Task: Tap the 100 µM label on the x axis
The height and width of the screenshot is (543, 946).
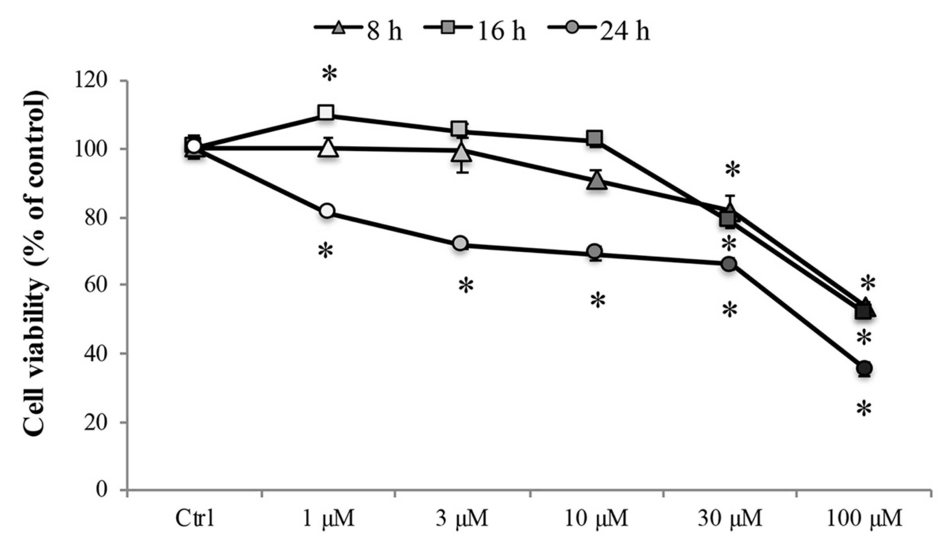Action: click(864, 519)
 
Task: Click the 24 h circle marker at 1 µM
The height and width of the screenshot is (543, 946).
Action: click(327, 211)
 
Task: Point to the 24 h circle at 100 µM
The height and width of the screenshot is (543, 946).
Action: click(864, 368)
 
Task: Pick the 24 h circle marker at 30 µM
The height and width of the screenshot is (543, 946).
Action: click(729, 264)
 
